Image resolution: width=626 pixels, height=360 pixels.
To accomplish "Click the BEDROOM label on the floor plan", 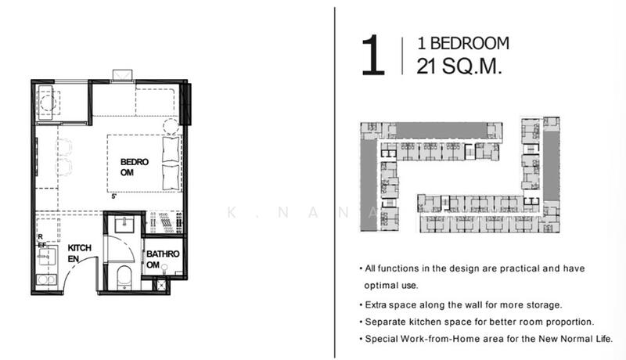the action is [134, 167].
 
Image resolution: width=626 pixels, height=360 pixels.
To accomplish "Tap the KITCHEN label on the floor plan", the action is [80, 254].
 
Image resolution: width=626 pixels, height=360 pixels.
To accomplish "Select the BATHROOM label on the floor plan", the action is [163, 259].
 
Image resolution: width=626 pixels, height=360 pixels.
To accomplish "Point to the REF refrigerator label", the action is [41, 241].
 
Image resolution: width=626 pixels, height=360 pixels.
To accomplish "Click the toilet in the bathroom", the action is [124, 277].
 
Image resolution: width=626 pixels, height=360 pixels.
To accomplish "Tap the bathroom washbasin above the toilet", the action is [124, 225].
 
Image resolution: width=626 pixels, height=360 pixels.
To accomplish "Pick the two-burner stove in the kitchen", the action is [47, 279].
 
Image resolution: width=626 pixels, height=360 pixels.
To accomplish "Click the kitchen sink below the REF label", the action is [47, 256].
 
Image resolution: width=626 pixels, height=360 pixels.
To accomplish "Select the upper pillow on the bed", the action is [171, 149].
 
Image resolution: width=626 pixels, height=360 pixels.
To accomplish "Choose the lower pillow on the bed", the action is [171, 177].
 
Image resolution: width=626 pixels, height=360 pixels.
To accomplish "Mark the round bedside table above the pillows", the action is [171, 126].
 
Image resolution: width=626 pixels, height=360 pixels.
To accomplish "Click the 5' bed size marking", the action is [113, 196].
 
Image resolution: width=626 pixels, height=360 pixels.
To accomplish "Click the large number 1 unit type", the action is [373, 55].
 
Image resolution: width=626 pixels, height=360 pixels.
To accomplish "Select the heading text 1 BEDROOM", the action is [463, 44].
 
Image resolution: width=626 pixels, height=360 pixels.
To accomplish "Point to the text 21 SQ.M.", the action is [459, 66].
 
